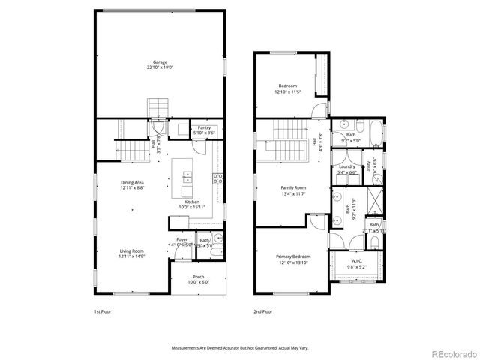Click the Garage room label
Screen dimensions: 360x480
click(160, 62)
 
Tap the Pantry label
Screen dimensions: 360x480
click(204, 127)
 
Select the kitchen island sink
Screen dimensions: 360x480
click(186, 178)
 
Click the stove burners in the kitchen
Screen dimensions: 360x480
click(218, 178)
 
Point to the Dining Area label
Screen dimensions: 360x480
click(133, 183)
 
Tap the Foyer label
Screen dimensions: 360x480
click(182, 239)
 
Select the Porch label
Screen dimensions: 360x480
click(199, 277)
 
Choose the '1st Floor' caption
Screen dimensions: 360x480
click(102, 310)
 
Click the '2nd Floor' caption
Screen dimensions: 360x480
click(262, 310)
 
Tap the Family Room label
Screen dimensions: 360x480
click(295, 187)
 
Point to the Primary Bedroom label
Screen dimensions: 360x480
click(294, 256)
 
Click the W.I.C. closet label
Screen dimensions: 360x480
click(356, 262)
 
